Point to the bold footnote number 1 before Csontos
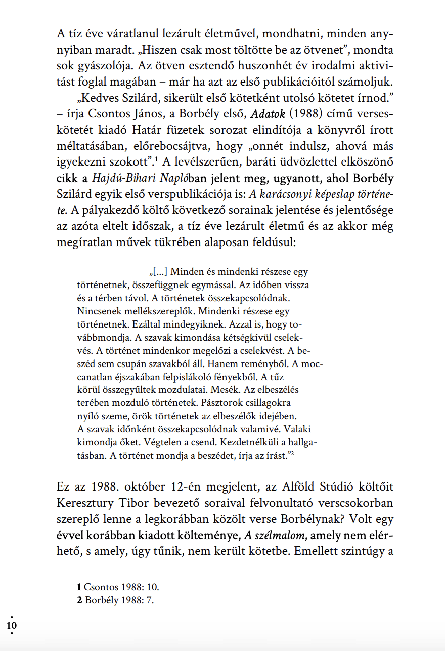point(79,587)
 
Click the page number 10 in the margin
point(12,625)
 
